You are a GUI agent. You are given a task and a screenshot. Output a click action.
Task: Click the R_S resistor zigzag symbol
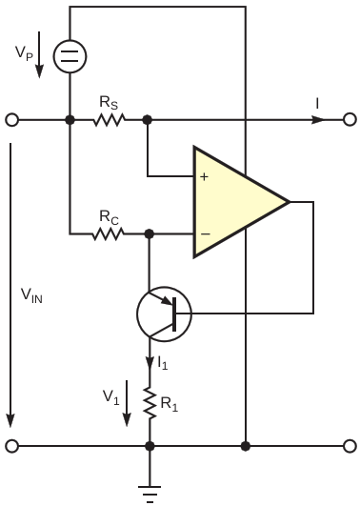pyautogui.click(x=109, y=120)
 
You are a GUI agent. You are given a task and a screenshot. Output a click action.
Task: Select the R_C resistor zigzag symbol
pyautogui.click(x=108, y=233)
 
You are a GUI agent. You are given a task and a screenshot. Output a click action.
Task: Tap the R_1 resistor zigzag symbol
pyautogui.click(x=150, y=403)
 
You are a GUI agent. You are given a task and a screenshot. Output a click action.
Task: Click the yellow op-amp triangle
pyautogui.click(x=240, y=202)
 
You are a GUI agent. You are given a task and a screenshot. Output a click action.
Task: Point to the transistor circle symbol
pyautogui.click(x=164, y=314)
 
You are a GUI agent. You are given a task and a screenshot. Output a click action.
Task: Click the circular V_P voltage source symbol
pyautogui.click(x=70, y=56)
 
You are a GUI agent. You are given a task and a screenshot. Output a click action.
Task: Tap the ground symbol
pyautogui.click(x=150, y=494)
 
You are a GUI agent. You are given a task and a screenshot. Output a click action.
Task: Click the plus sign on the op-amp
pyautogui.click(x=204, y=176)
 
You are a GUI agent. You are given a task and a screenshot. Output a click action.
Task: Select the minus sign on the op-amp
pyautogui.click(x=206, y=233)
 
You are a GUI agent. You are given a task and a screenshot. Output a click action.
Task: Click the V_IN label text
pyautogui.click(x=31, y=295)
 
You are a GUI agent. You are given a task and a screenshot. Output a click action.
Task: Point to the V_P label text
pyautogui.click(x=24, y=53)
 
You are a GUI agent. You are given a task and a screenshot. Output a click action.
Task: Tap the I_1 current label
pyautogui.click(x=163, y=363)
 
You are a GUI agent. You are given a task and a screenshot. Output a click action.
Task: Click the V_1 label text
pyautogui.click(x=111, y=397)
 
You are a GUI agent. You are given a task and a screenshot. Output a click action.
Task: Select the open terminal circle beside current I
pyautogui.click(x=350, y=119)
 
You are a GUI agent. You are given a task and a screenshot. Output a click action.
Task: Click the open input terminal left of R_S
pyautogui.click(x=12, y=120)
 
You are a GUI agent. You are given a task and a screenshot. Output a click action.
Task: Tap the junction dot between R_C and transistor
pyautogui.click(x=149, y=233)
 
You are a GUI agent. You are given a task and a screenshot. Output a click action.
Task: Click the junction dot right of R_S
pyautogui.click(x=147, y=120)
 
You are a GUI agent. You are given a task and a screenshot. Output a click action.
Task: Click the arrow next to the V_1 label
pyautogui.click(x=127, y=403)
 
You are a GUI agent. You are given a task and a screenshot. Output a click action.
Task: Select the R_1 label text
pyautogui.click(x=170, y=404)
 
